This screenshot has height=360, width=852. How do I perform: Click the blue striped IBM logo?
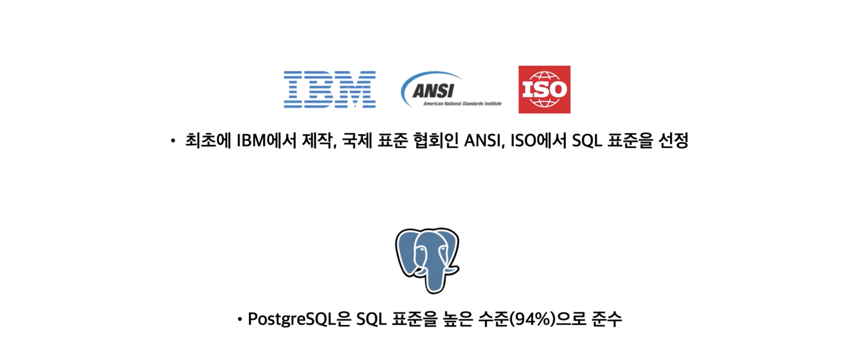coord(329,89)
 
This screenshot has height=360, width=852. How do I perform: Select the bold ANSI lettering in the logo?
coord(433,91)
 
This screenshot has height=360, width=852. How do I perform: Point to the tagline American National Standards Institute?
coord(462,103)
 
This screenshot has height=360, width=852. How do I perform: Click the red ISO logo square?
coord(544,89)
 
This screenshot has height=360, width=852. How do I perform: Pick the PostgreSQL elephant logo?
coord(427,260)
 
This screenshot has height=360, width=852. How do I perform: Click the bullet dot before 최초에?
coord(173,141)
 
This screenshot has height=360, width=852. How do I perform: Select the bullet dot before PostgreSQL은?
coord(240,319)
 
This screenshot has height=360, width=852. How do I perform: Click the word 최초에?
coord(208,140)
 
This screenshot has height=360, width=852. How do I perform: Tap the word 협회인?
coord(436,140)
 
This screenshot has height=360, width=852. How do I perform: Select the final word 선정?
coord(673,140)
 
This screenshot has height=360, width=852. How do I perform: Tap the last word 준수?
coord(607,319)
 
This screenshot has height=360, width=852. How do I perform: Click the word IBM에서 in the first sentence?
coord(266,140)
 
